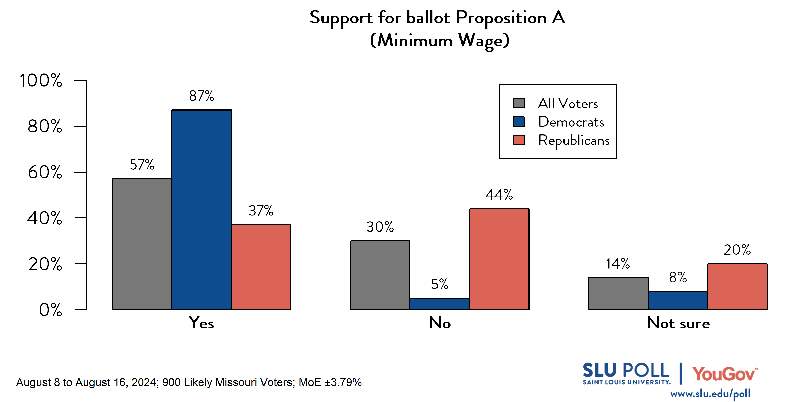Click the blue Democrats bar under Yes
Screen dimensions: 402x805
point(202,210)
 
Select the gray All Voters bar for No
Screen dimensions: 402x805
point(380,275)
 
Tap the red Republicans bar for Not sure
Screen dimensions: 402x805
point(737,287)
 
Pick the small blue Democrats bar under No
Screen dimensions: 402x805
point(439,304)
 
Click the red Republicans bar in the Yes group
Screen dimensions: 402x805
point(261,267)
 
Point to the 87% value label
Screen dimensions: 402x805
point(202,96)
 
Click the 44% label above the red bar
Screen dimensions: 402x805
point(499,195)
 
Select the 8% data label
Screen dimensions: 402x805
point(677,277)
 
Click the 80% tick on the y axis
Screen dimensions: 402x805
point(45,126)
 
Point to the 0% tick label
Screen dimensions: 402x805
point(50,310)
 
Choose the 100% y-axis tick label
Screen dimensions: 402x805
point(41,80)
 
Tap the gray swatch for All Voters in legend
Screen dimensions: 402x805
point(519,103)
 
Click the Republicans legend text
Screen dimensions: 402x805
point(574,140)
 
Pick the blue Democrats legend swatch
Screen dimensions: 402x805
point(519,121)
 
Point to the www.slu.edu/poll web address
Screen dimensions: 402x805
point(710,394)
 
